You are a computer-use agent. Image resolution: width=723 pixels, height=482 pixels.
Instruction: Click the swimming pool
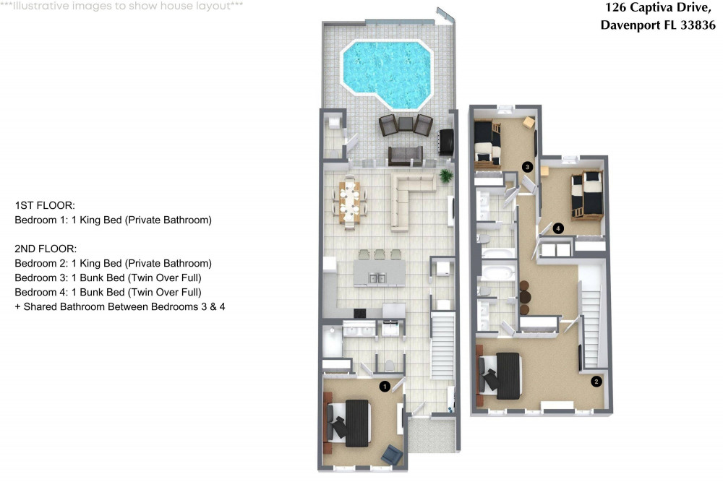pyautogui.click(x=386, y=74)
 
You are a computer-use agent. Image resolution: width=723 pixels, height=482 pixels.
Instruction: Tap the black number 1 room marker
pyautogui.click(x=385, y=386)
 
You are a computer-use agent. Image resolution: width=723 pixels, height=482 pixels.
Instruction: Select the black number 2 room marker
pyautogui.click(x=596, y=382)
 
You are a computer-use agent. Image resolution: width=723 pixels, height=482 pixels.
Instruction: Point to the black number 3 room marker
pyautogui.click(x=528, y=167)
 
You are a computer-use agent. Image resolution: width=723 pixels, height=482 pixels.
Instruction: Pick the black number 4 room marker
pyautogui.click(x=558, y=228)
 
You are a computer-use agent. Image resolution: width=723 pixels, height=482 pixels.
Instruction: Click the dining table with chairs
pyautogui.click(x=350, y=202)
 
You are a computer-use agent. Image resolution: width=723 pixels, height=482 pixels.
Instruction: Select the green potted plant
pyautogui.click(x=446, y=176)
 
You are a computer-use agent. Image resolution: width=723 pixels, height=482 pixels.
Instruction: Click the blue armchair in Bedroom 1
pyautogui.click(x=392, y=455)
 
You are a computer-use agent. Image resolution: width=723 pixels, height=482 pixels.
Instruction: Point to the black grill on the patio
pyautogui.click(x=446, y=142)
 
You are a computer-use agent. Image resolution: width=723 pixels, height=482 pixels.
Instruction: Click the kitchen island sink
pyautogui.click(x=377, y=278)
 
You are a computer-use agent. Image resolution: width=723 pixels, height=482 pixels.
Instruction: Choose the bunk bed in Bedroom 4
pyautogui.click(x=586, y=194)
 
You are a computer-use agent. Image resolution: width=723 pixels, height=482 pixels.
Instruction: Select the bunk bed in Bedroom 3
pyautogui.click(x=488, y=143)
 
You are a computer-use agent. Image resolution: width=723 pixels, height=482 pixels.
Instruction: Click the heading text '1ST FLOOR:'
pyautogui.click(x=45, y=205)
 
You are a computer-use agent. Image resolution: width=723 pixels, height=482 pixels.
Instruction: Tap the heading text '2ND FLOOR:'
pyautogui.click(x=46, y=249)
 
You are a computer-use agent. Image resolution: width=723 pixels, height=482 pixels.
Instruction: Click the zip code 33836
pyautogui.click(x=698, y=25)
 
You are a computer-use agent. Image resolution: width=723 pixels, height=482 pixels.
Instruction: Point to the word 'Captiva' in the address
pyautogui.click(x=652, y=7)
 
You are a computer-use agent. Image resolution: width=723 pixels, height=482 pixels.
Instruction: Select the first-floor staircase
pyautogui.click(x=442, y=345)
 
